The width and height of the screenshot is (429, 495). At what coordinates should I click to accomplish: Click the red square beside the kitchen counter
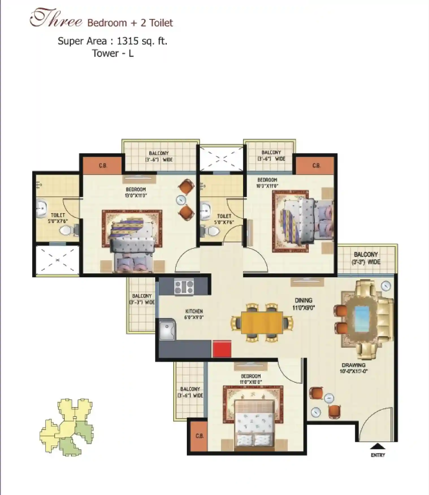point(222,349)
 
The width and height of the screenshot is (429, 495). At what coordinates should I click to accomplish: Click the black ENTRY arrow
point(378,446)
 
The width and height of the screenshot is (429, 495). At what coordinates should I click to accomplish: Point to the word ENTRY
point(378,455)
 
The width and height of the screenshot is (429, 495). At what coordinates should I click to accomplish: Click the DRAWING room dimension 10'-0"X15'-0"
point(353,371)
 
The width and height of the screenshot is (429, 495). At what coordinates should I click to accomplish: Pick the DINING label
point(304,300)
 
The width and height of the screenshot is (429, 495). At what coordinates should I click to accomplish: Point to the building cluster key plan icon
point(66,427)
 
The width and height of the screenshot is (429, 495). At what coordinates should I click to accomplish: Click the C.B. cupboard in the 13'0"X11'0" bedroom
point(103,165)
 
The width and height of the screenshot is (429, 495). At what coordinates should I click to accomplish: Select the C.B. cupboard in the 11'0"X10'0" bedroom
point(199,436)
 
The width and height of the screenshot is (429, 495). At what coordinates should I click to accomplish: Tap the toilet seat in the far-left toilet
point(68,230)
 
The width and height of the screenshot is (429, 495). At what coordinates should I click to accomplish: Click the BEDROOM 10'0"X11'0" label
point(267,183)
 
